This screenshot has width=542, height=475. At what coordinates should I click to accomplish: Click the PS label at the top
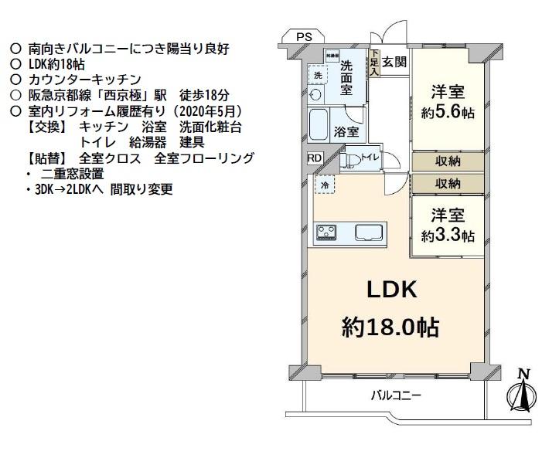click(304, 36)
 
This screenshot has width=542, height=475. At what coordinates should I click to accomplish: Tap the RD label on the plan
click(314, 158)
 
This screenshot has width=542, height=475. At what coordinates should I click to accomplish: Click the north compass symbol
click(521, 392)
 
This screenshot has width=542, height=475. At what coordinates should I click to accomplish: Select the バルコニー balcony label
click(396, 395)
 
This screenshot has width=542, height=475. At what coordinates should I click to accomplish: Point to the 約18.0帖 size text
click(390, 327)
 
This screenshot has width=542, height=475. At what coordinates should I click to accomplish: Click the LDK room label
click(391, 290)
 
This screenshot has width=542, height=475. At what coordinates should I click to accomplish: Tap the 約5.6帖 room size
click(448, 112)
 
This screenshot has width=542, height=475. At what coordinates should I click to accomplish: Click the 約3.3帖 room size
click(448, 236)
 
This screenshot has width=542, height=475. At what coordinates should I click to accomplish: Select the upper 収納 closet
click(448, 161)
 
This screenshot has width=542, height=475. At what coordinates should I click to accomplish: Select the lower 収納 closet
click(448, 183)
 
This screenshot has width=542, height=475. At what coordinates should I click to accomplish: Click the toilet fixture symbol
click(349, 160)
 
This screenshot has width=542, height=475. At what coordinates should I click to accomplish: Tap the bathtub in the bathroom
click(318, 124)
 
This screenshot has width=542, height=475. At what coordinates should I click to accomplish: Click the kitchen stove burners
click(326, 232)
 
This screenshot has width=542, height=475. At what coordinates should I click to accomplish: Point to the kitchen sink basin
click(369, 232)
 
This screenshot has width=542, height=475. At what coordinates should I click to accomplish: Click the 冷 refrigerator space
click(325, 185)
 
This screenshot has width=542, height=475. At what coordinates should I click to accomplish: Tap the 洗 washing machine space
click(318, 75)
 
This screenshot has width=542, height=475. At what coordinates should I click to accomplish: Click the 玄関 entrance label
click(394, 62)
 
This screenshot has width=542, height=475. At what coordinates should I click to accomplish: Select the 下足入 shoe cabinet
click(374, 63)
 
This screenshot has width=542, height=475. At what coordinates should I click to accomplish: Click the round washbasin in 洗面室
click(315, 94)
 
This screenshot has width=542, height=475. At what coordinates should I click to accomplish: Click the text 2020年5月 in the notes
click(206, 111)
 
